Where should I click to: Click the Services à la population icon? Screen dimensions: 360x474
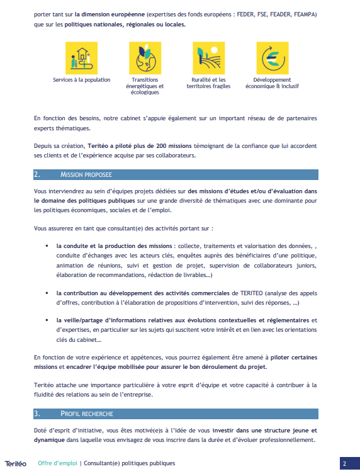[81, 58]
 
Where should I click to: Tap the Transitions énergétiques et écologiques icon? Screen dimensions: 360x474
[146, 58]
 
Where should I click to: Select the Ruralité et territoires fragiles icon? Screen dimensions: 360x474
[208, 58]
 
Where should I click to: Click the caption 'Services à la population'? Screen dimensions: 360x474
[81, 80]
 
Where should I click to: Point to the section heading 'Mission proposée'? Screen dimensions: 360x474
[86, 174]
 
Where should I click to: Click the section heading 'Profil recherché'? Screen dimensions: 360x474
[86, 414]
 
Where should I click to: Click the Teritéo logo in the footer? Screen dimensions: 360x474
[16, 463]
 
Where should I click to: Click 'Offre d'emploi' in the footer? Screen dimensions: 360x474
[57, 463]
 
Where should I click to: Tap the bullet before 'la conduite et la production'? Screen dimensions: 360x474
[47, 245]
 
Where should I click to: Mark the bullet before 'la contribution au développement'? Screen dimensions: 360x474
[47, 276]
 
